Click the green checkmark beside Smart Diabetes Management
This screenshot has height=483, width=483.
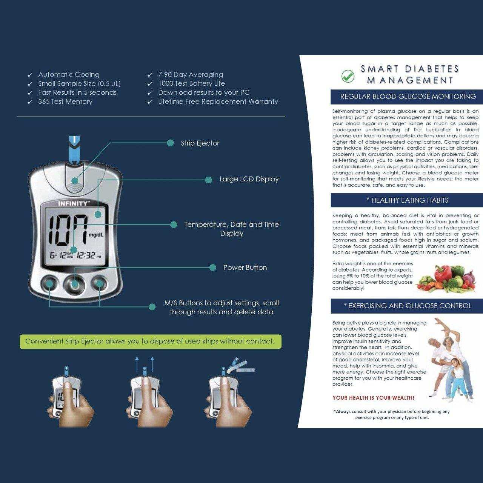click(x=348, y=76)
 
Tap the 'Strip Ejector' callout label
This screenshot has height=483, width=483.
click(x=200, y=143)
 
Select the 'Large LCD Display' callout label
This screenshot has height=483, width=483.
click(x=249, y=179)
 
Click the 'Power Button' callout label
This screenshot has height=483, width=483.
click(x=245, y=268)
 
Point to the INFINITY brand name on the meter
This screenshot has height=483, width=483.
click(x=73, y=203)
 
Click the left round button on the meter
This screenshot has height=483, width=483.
click(x=49, y=283)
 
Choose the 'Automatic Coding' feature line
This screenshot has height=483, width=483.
click(x=69, y=75)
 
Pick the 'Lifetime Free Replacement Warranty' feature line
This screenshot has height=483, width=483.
click(x=218, y=102)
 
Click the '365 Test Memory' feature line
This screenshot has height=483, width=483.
click(x=65, y=102)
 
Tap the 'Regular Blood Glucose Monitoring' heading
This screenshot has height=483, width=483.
click(x=408, y=97)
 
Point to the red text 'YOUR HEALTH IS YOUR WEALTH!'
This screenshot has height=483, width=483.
click(x=373, y=398)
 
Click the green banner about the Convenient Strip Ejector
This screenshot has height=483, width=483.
click(x=150, y=341)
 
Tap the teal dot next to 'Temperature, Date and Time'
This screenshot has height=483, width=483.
click(x=174, y=225)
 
